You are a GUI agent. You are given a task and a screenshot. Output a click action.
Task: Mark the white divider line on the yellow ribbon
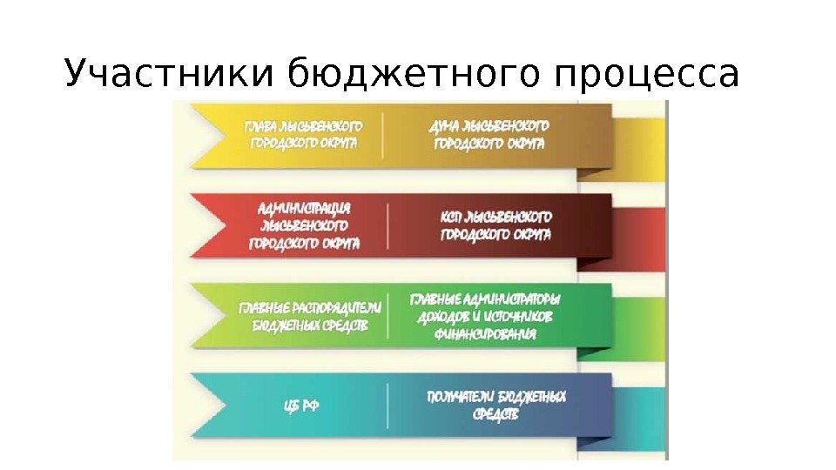(384, 135)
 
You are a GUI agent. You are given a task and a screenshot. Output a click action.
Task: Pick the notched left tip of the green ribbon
(209, 316)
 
